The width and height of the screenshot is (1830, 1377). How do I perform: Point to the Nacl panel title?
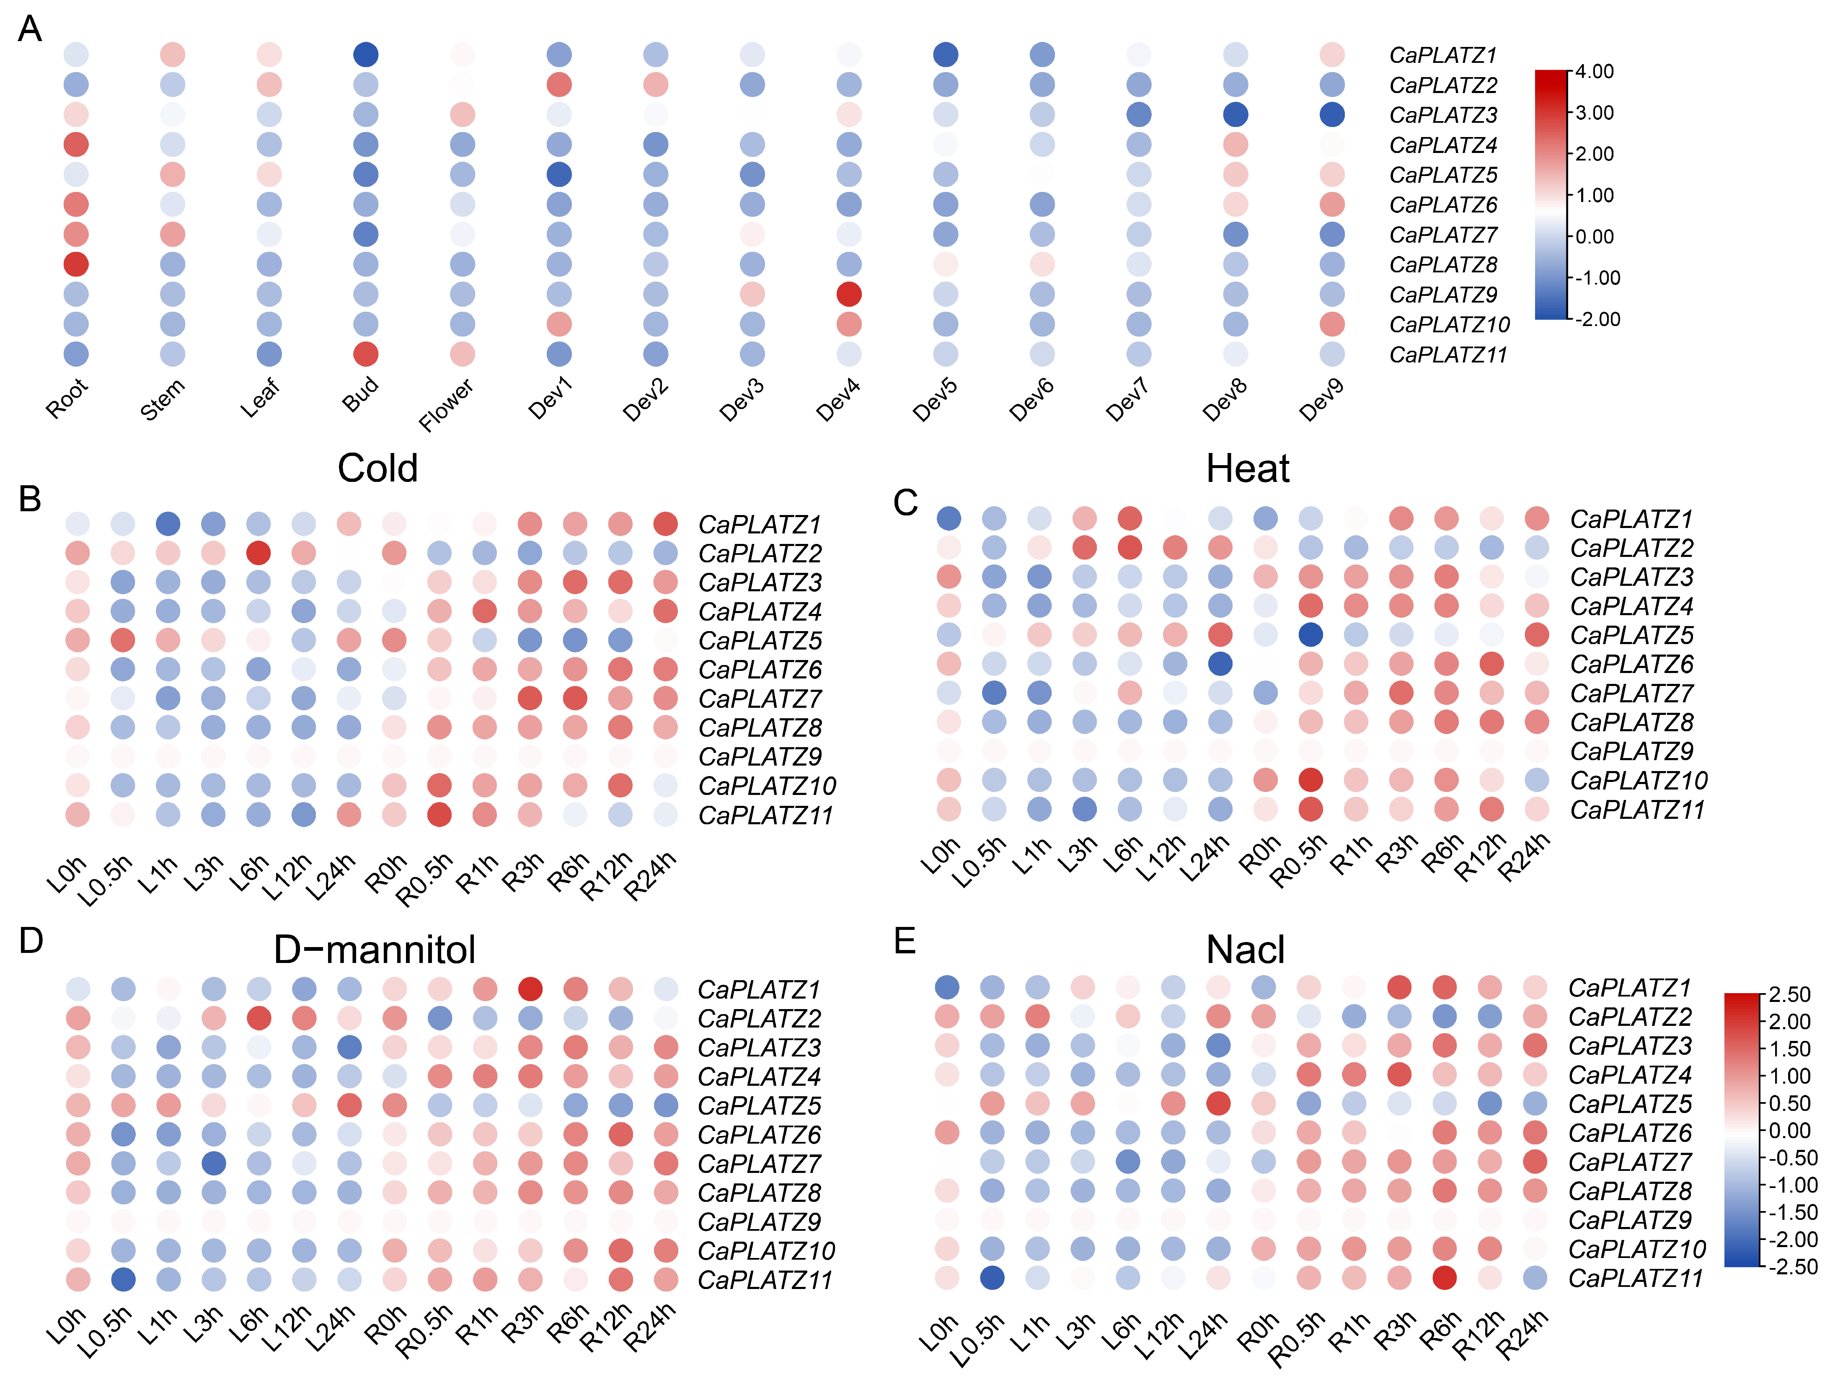point(1245,949)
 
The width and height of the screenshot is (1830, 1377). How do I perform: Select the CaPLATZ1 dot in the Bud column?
point(366,54)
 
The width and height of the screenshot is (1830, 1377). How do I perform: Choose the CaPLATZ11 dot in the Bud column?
point(366,354)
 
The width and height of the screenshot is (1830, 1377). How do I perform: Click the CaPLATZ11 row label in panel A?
point(1448,355)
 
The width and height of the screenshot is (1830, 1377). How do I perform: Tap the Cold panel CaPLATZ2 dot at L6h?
point(258,553)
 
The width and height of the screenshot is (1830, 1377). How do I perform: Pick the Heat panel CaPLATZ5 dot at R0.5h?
point(1310,635)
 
